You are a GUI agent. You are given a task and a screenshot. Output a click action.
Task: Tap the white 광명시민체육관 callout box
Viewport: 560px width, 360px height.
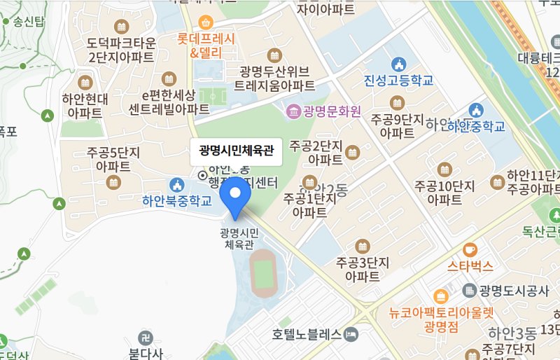click(236, 150)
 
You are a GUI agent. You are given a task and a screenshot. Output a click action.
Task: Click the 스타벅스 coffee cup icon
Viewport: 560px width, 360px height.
click(470, 249)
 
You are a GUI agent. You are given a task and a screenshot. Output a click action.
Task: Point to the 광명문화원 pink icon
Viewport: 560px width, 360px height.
click(291, 111)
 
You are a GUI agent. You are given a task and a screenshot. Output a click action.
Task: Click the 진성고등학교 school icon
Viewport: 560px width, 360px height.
click(399, 64)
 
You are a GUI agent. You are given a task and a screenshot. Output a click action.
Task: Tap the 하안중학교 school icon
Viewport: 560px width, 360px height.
click(477, 110)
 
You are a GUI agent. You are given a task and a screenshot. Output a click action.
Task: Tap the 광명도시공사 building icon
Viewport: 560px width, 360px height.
click(470, 290)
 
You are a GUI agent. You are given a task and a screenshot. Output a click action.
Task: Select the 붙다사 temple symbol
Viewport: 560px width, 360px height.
click(145, 337)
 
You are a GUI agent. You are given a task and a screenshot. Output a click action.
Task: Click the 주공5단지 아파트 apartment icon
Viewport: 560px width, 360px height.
click(113, 182)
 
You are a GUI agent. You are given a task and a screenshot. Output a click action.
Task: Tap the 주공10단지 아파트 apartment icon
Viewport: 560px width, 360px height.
click(444, 169)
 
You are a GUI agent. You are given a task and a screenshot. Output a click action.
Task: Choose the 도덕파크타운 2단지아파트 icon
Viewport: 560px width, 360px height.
click(122, 27)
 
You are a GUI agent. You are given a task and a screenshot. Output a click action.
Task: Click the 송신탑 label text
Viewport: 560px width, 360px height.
click(28, 21)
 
